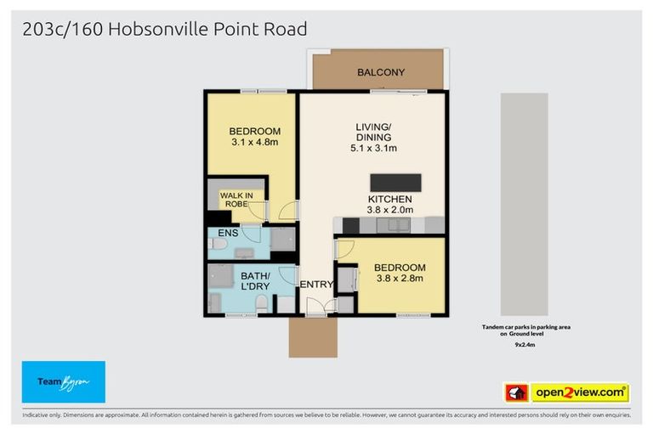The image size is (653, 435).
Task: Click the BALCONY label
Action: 380,72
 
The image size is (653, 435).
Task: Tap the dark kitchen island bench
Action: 395,183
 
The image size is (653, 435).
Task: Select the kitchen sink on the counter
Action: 394,225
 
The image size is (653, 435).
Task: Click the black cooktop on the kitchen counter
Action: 350,226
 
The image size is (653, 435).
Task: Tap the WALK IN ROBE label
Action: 237,201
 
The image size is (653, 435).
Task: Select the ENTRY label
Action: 316,285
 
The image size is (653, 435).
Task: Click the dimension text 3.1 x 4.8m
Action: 255,143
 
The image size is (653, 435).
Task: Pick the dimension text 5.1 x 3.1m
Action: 373,148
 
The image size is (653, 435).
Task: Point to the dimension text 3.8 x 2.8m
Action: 400,280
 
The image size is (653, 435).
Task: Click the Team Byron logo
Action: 64,382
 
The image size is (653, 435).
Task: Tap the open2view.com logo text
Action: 580,393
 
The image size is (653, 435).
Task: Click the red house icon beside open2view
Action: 516,393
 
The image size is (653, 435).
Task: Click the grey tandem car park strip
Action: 524,204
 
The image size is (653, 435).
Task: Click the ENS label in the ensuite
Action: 229,232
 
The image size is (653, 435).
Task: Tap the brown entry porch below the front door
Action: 313,337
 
